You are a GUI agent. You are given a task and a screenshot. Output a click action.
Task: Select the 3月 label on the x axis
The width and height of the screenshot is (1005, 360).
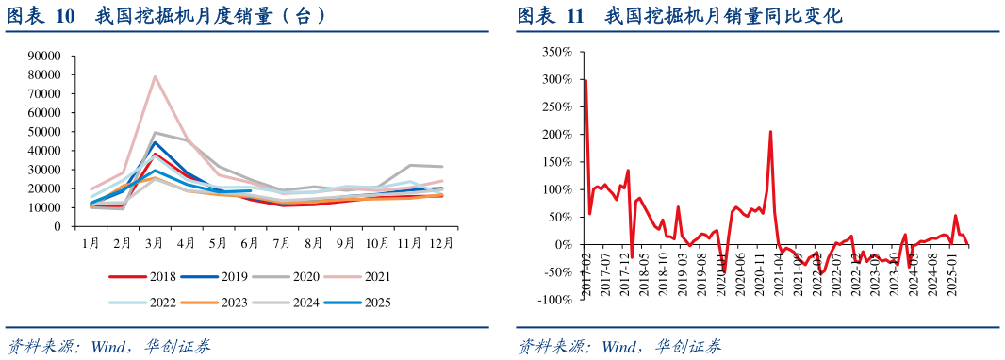click(155, 242)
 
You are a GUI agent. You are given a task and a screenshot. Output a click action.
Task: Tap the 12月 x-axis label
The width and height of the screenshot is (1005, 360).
click(441, 242)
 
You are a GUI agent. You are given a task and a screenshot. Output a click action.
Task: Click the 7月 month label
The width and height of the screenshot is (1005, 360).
click(282, 242)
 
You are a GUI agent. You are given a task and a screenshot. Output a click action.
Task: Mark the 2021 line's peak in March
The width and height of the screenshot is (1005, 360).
click(155, 77)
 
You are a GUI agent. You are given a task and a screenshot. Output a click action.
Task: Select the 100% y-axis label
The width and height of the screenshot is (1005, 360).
click(554, 189)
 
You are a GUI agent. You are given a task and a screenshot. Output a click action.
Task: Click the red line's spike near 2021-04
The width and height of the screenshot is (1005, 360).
click(770, 132)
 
